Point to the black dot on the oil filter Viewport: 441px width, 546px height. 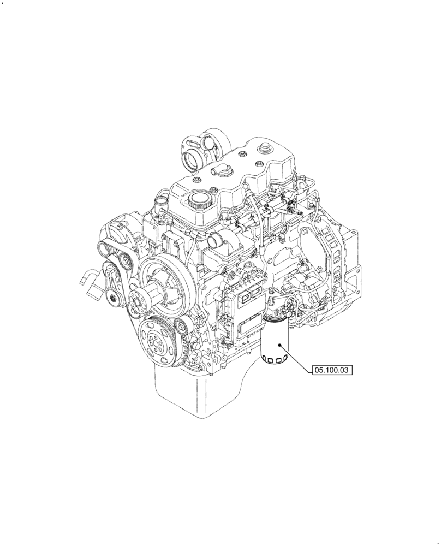(x=280, y=345)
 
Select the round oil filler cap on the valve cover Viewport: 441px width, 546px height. (x=199, y=201)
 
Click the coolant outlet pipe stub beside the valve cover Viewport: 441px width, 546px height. (x=160, y=208)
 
